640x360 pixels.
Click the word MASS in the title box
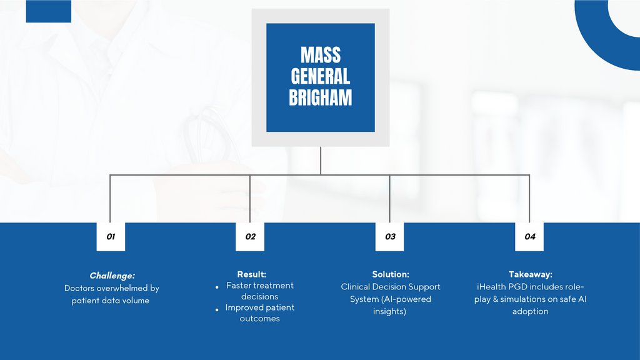320,55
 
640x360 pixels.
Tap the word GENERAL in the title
320,76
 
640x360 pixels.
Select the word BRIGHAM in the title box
320,97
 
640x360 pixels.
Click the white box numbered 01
111,237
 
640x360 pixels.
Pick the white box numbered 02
250,237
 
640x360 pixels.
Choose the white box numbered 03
390,237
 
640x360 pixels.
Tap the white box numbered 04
529,237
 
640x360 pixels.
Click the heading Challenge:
112,276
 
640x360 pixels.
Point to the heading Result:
252,274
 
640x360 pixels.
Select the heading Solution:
391,274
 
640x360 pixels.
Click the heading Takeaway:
531,274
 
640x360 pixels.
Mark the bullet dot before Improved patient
216,309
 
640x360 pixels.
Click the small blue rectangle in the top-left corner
49,11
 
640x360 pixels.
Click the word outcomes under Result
260,319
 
